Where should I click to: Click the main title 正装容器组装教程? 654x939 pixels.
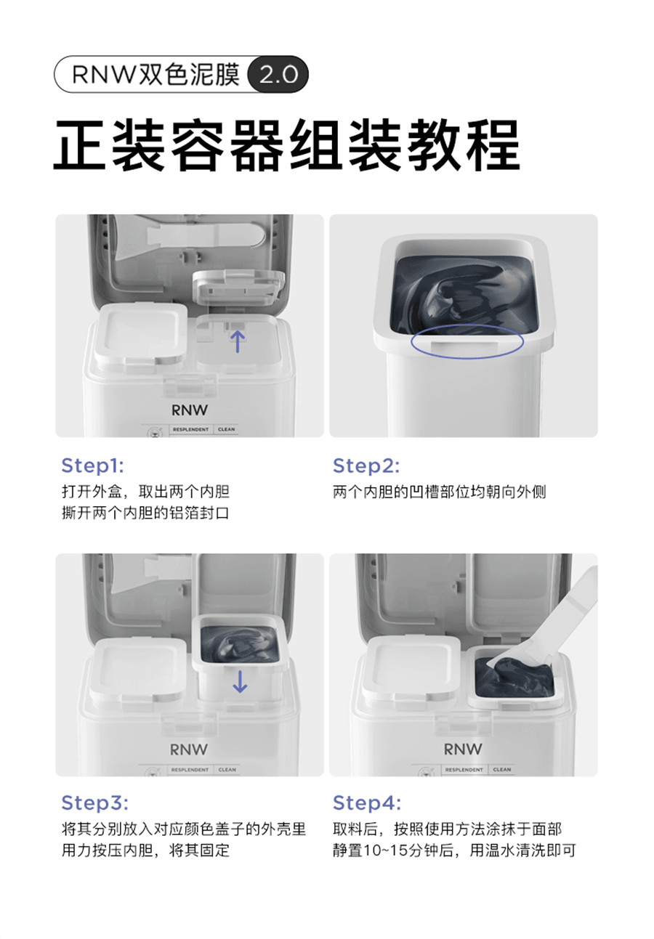[286, 145]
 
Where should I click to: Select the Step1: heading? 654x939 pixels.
[93, 465]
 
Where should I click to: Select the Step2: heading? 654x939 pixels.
[366, 465]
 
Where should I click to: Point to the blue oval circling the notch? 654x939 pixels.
[467, 343]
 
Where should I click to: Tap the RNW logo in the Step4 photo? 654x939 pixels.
[462, 749]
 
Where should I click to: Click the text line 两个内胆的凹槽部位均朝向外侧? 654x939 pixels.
[439, 492]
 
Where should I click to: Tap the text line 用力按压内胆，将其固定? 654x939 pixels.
[145, 850]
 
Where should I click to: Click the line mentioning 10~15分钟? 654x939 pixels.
[454, 850]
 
